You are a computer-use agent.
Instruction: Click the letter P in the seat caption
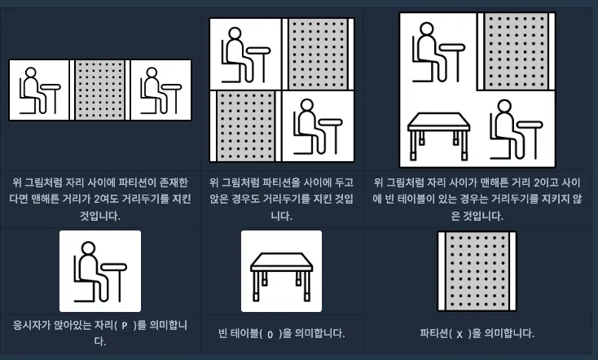coord(125,326)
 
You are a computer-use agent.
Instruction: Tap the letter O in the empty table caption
coord(270,335)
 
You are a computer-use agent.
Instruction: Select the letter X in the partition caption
coord(459,335)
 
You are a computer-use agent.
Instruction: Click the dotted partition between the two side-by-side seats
coord(100,90)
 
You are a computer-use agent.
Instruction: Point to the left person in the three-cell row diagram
coord(40,90)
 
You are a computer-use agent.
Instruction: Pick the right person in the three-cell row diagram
coord(160,90)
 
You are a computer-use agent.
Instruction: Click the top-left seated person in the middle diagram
coord(245,55)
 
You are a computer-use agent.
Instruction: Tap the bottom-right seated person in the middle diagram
coord(318,126)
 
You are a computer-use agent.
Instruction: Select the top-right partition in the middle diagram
coord(318,54)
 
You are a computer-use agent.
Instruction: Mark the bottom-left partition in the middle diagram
coord(245,126)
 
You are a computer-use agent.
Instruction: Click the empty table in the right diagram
coord(438,136)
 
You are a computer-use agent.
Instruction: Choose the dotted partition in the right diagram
coord(516,51)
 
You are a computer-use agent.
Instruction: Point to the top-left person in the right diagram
coord(438,52)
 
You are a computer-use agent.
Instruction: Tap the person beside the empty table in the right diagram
coord(516,130)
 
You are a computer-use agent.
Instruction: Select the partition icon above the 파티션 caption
coord(477,271)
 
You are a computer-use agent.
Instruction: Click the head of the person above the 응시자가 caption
coord(89,248)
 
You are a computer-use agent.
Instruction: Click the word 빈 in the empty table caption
coord(222,334)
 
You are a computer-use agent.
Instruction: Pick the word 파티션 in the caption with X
coord(434,334)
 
